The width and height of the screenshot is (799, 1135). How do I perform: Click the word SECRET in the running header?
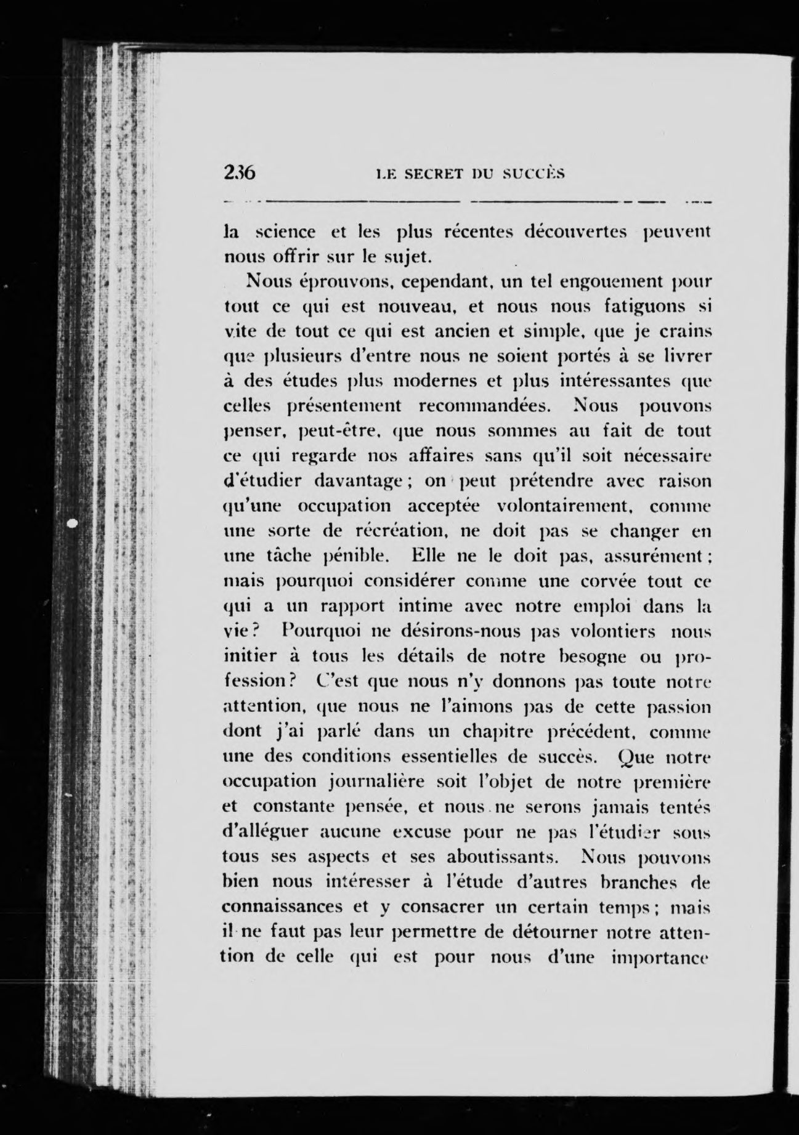pyautogui.click(x=429, y=174)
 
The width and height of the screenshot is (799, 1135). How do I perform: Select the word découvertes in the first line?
pyautogui.click(x=575, y=232)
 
